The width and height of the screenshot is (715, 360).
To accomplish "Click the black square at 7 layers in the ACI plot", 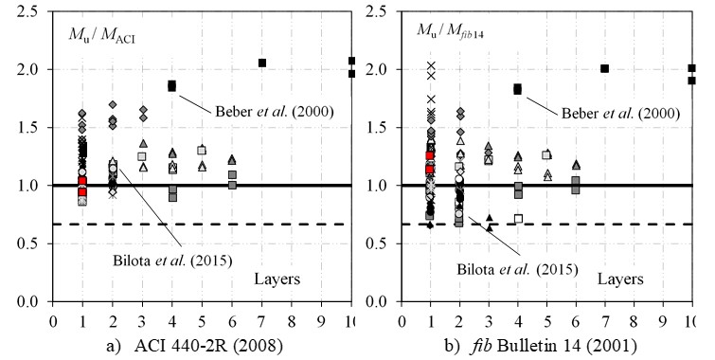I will pyautogui.click(x=262, y=63).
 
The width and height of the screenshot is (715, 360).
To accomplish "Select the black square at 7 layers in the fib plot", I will pyautogui.click(x=604, y=68).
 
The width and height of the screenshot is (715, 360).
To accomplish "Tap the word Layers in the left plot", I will pyautogui.click(x=279, y=279).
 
